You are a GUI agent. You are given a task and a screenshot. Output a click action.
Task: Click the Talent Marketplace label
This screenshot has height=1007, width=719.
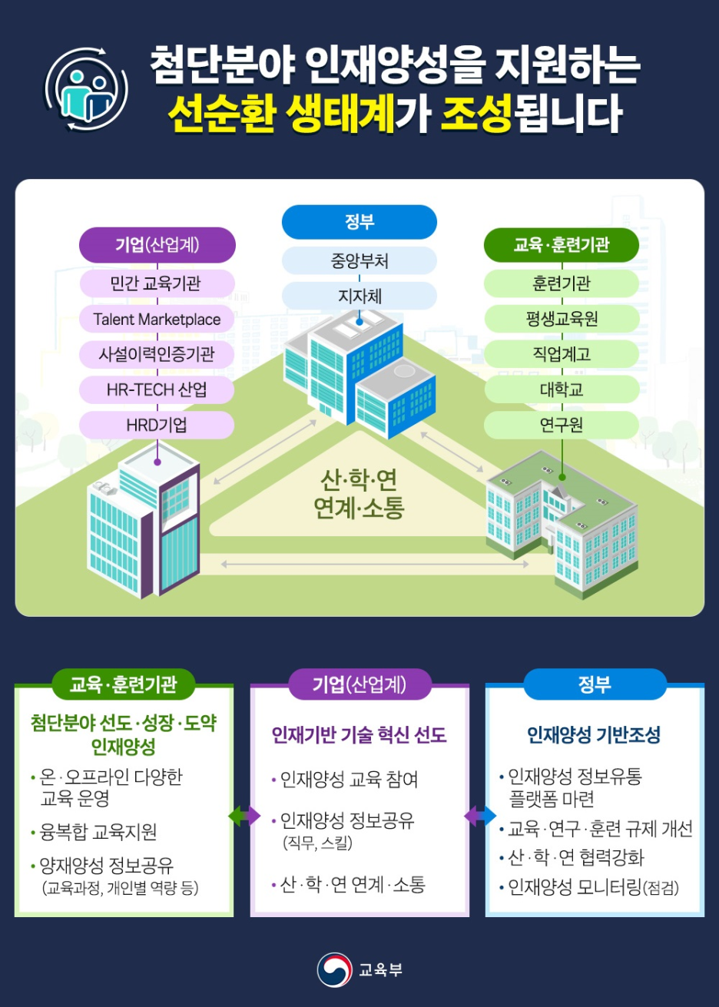(x=157, y=320)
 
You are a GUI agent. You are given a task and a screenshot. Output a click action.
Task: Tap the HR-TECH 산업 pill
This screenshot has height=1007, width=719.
(x=157, y=389)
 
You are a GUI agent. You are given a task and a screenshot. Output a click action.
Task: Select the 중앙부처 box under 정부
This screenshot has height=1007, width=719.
(x=359, y=261)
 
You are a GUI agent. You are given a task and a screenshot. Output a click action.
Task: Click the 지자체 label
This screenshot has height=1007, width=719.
(x=359, y=296)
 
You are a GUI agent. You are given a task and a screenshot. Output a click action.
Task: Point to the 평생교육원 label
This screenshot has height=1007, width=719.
(x=562, y=319)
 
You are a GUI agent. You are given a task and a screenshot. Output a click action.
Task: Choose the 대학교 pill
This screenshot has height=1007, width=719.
(x=562, y=389)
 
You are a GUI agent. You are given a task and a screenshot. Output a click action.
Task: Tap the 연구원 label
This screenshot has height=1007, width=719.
(x=562, y=425)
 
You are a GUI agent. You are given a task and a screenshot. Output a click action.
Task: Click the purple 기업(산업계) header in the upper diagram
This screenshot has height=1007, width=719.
(x=157, y=245)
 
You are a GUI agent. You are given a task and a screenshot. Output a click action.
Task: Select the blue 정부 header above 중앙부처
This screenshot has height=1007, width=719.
(x=359, y=222)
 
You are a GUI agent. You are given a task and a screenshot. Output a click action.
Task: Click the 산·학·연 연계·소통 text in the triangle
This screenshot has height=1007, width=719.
(x=359, y=494)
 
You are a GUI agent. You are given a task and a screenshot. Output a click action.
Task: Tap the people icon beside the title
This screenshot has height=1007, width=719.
(x=86, y=90)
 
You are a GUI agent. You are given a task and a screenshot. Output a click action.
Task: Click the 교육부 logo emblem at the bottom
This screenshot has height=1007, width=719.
(x=334, y=969)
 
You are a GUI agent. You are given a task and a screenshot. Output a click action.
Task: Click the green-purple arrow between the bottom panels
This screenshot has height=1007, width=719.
(x=244, y=816)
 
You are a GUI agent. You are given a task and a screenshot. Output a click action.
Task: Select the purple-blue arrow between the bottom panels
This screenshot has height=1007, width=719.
(x=480, y=816)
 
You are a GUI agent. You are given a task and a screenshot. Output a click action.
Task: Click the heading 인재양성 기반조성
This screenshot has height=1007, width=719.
(x=594, y=735)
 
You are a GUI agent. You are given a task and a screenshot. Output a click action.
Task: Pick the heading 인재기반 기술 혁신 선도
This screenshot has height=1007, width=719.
(x=359, y=735)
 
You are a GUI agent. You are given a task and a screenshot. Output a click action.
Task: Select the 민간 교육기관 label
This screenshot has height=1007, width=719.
(x=157, y=283)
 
